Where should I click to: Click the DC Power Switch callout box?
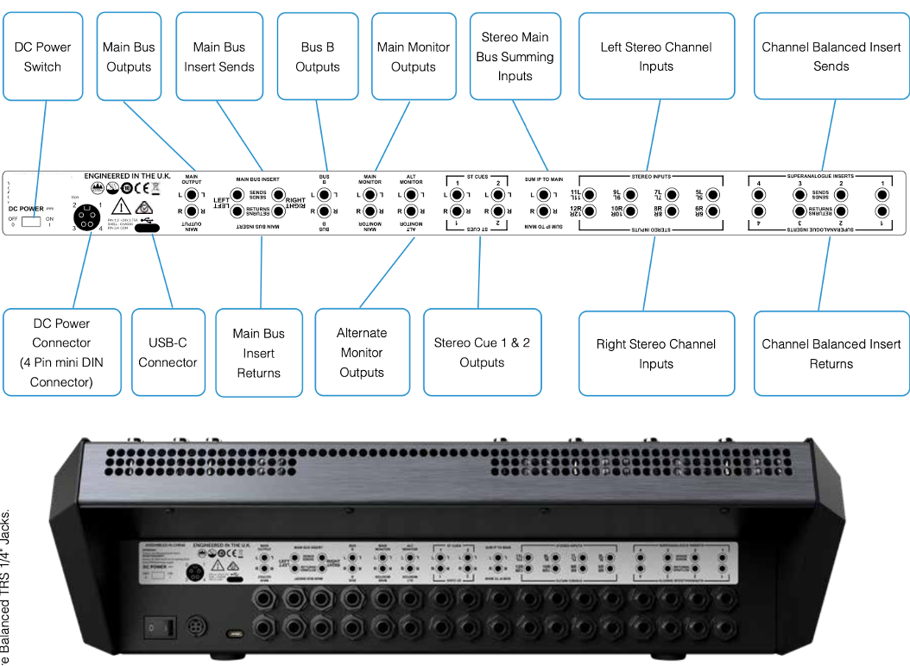click(42, 56)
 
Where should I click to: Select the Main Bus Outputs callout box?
click(129, 56)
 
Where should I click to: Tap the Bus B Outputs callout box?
click(318, 56)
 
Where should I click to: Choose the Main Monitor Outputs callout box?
click(413, 56)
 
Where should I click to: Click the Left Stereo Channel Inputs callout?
click(656, 56)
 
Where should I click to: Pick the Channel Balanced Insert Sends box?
click(831, 56)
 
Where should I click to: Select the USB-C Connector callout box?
click(167, 352)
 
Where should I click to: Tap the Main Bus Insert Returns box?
click(259, 353)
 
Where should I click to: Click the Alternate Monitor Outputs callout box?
click(362, 352)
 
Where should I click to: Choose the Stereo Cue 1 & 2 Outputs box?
click(482, 352)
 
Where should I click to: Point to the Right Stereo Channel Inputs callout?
click(656, 354)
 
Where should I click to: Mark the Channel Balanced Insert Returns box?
click(831, 354)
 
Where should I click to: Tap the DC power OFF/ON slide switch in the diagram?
click(32, 222)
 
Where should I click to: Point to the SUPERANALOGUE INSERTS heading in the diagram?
click(820, 176)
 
